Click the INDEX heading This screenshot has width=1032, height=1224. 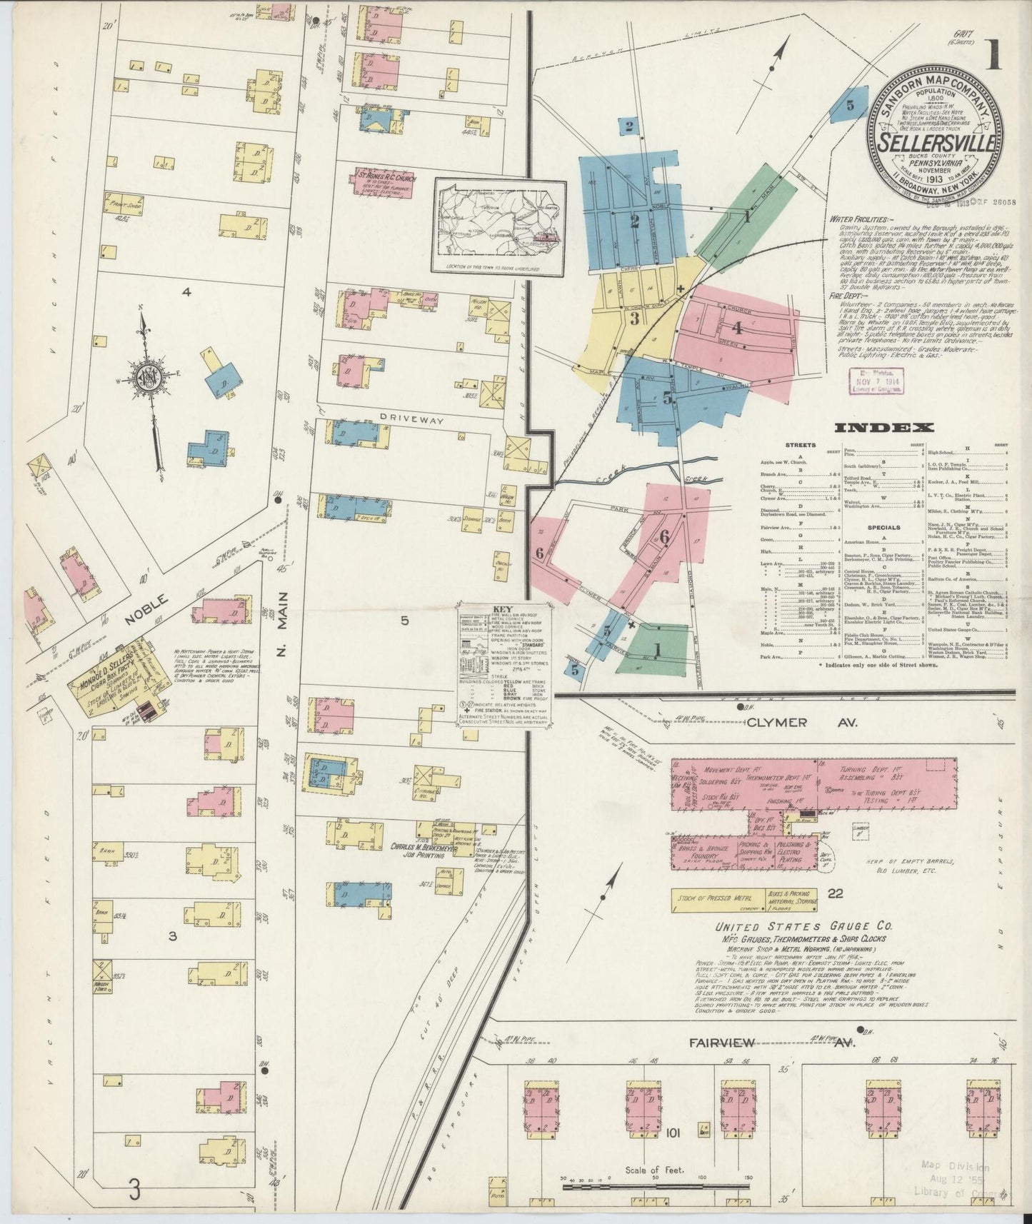coord(884,428)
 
